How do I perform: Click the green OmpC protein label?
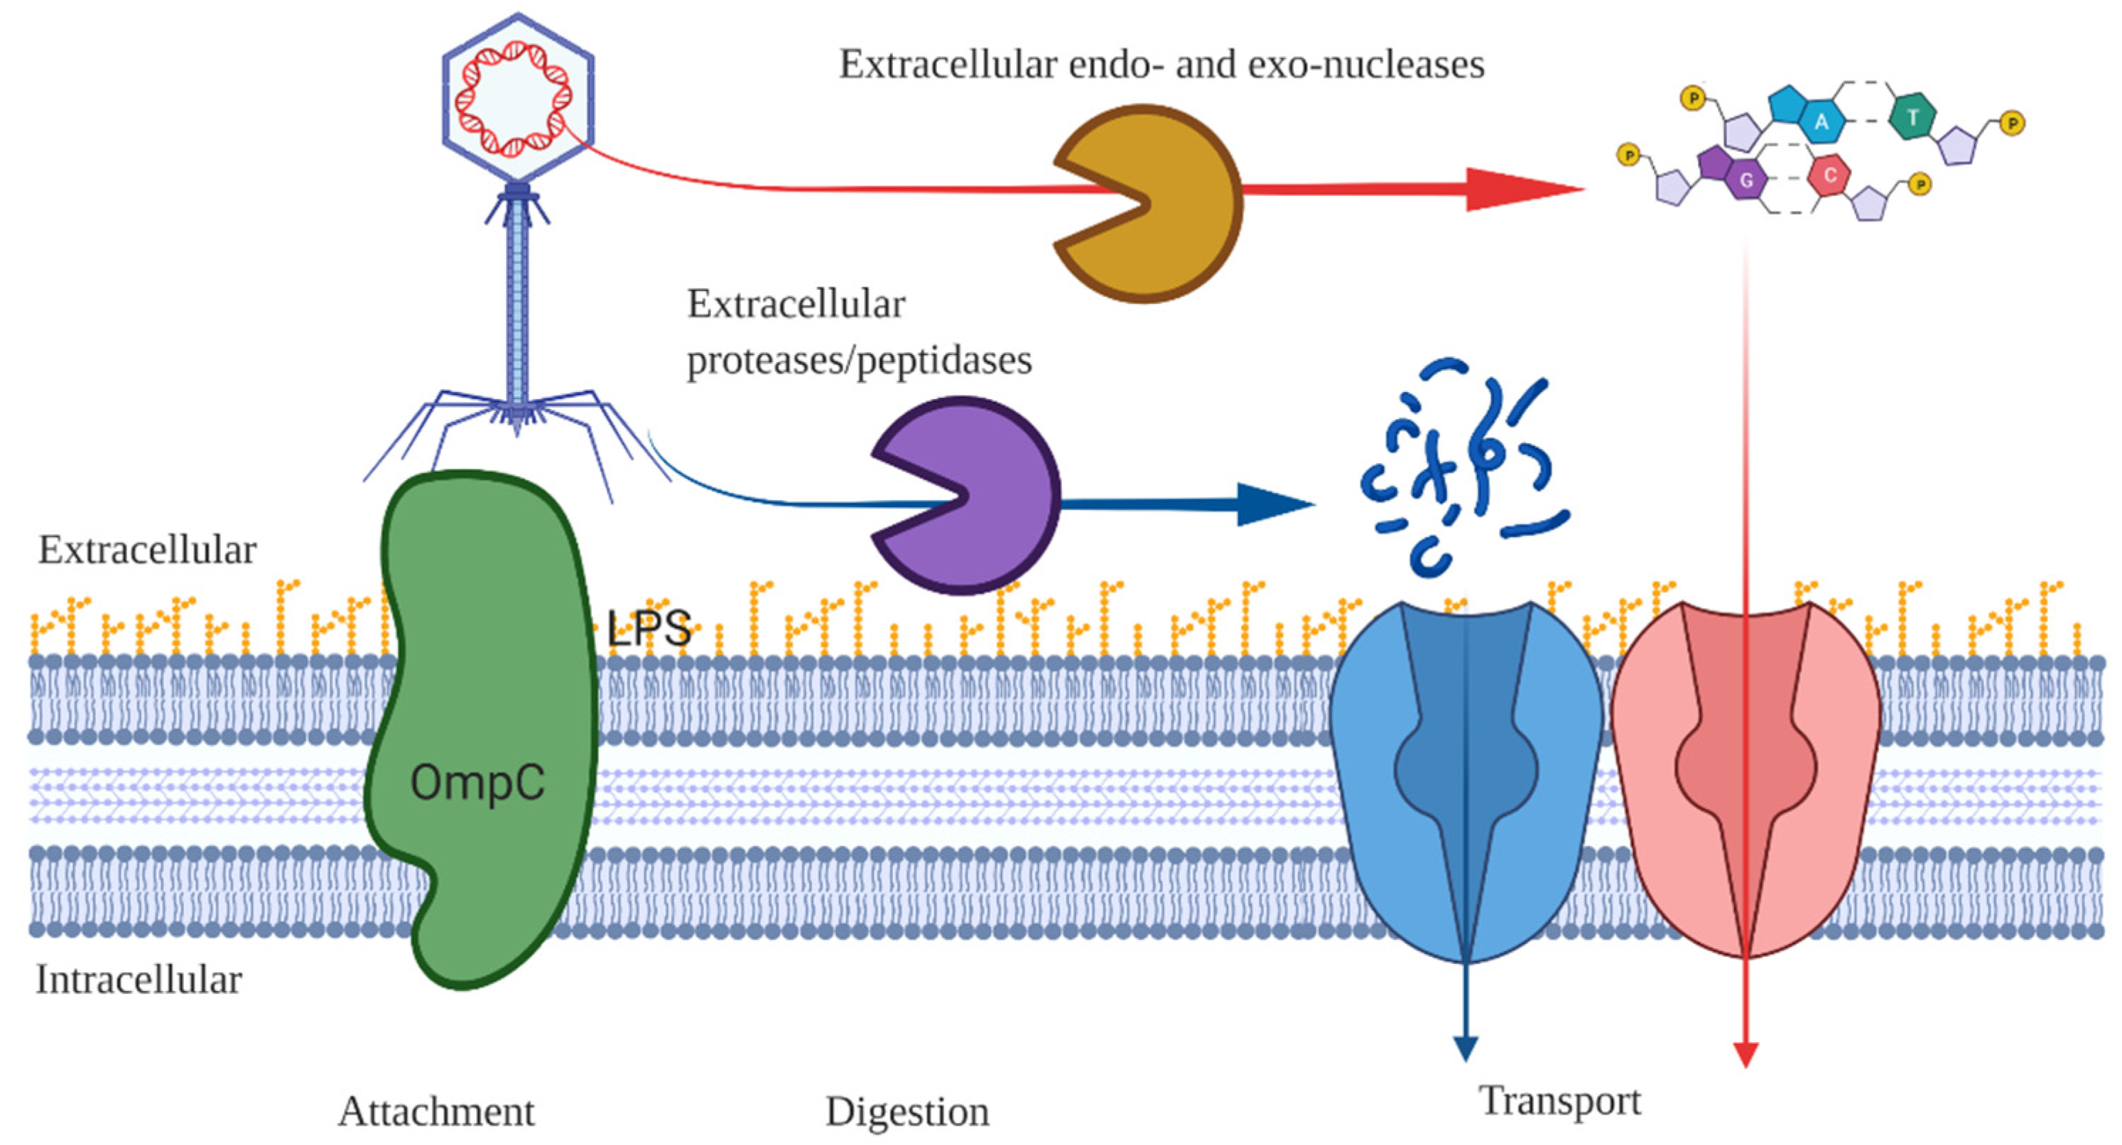click(x=478, y=782)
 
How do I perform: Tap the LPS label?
click(x=649, y=629)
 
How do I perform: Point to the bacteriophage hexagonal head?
click(x=517, y=97)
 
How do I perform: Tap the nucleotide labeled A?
click(x=1821, y=122)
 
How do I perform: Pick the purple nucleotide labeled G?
click(x=1745, y=180)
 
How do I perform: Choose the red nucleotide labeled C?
click(x=1829, y=175)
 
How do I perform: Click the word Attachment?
click(x=437, y=1112)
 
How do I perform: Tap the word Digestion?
click(x=907, y=1112)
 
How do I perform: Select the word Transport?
click(x=1560, y=1102)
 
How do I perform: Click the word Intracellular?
click(x=139, y=980)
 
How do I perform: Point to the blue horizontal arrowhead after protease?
click(x=1273, y=504)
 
